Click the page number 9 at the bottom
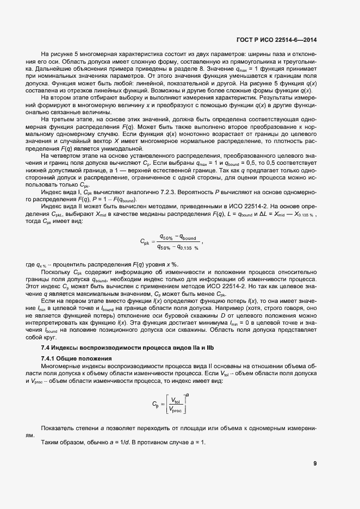(315, 463)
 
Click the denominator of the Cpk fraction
(177, 247)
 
